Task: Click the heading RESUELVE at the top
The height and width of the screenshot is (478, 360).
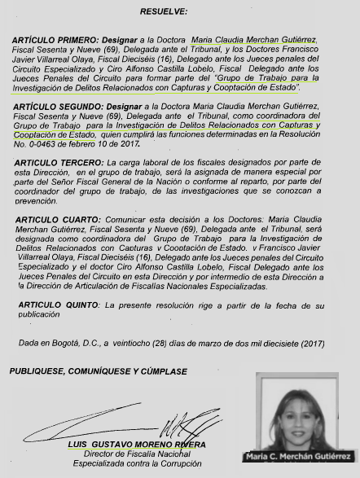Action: point(163,12)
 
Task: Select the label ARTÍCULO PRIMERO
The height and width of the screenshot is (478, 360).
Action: point(55,40)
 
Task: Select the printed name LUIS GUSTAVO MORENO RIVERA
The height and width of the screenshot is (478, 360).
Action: point(137,445)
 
